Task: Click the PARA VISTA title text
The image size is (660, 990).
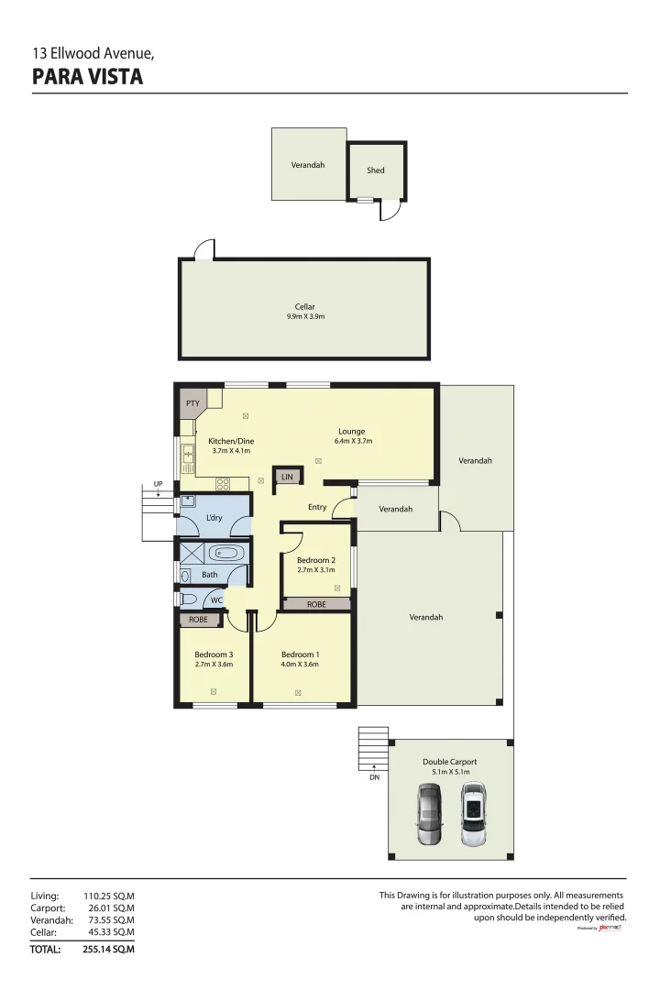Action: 88,77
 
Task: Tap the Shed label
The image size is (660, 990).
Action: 376,170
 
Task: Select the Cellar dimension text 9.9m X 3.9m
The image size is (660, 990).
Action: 305,317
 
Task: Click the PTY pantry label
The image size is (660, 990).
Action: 192,402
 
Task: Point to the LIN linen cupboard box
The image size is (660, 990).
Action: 287,477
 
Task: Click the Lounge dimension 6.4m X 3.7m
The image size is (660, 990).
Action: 351,441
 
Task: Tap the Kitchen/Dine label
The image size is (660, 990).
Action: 230,440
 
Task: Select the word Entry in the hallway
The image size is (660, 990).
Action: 317,507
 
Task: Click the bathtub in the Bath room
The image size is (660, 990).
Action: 225,553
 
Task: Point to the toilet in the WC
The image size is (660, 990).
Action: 189,599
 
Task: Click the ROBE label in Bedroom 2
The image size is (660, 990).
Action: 316,604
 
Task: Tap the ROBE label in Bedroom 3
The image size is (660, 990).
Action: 199,620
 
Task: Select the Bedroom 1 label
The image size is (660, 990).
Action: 299,654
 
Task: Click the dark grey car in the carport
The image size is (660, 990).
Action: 429,815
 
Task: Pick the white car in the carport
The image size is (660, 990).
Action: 472,813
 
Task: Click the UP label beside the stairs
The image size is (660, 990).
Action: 159,483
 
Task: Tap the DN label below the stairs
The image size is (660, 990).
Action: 374,777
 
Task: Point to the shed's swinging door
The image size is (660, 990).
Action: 390,211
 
